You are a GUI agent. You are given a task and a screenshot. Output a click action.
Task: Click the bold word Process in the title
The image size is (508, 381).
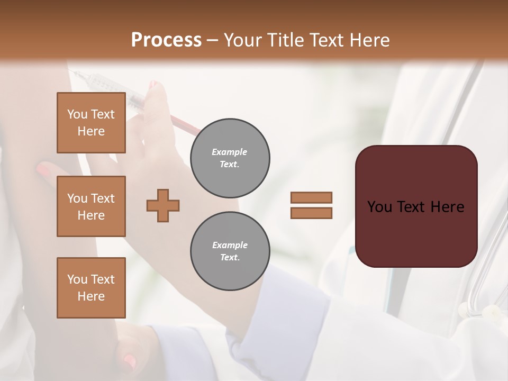click(166, 40)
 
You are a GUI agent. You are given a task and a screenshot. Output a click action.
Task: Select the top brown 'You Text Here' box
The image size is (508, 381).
click(91, 123)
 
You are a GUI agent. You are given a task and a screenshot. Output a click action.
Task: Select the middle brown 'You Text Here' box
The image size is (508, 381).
click(91, 206)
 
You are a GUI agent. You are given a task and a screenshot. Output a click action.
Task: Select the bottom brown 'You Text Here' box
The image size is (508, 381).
click(91, 287)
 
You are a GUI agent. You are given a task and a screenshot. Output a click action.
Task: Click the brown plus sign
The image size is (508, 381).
click(163, 205)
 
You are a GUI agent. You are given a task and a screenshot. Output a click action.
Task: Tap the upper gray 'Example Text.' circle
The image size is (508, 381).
click(230, 158)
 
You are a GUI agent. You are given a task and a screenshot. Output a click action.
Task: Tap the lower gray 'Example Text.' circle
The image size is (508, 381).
click(230, 251)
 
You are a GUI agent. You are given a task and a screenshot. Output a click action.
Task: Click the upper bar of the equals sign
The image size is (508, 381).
click(311, 197)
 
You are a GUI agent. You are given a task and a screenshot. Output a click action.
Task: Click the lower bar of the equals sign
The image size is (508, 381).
click(311, 213)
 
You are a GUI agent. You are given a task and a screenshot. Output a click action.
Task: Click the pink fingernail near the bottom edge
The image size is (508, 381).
click(129, 361)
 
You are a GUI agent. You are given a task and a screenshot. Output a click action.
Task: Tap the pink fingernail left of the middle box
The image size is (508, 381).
click(44, 170)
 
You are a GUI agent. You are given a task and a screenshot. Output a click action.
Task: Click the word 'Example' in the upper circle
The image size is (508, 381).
click(230, 152)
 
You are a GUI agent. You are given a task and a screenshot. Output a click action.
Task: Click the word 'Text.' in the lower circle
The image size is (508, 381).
click(230, 258)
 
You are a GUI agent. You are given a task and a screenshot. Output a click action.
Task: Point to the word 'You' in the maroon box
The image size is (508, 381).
click(379, 207)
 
